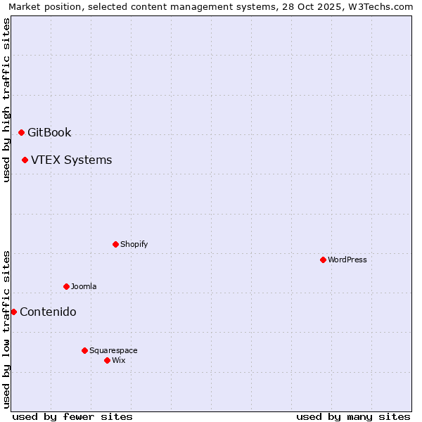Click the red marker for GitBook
(x=21, y=132)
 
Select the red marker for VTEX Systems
(x=25, y=160)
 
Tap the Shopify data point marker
(x=115, y=244)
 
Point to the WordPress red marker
(x=323, y=260)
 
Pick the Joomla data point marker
(x=66, y=286)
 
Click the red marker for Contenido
(x=13, y=312)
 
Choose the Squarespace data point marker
(x=84, y=350)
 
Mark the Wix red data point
(x=107, y=360)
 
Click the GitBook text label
(x=49, y=132)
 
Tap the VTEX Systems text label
(x=71, y=160)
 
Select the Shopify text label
(x=134, y=244)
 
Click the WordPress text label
(x=347, y=260)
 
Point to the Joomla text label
(x=84, y=286)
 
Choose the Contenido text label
(x=48, y=312)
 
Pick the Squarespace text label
(x=113, y=350)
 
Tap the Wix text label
(x=118, y=360)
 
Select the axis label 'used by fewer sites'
(x=72, y=416)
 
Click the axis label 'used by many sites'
(x=353, y=416)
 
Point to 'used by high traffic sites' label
(x=6, y=100)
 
